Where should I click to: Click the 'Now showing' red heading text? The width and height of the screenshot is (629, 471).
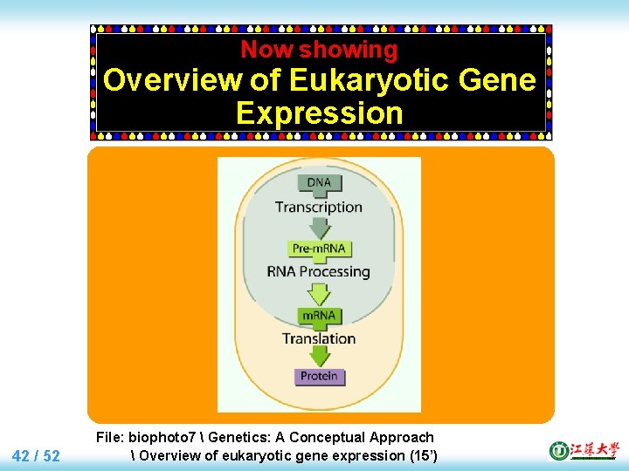click(x=319, y=51)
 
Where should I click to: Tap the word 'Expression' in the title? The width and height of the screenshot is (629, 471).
click(x=319, y=113)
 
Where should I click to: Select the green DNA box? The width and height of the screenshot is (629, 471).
click(x=320, y=183)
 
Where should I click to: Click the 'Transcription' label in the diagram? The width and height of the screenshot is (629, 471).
click(x=319, y=207)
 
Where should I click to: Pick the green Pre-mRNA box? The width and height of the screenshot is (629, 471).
click(x=320, y=249)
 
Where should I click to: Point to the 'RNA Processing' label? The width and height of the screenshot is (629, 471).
click(x=319, y=271)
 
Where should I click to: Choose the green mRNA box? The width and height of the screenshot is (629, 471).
click(x=320, y=315)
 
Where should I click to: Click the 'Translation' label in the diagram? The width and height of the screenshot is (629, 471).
click(x=319, y=338)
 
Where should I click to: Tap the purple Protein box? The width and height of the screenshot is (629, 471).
click(x=320, y=377)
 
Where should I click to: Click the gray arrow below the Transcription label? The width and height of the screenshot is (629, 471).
click(x=320, y=228)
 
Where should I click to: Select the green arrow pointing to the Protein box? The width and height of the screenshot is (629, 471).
click(x=320, y=356)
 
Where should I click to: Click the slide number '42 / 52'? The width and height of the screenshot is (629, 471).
click(x=37, y=455)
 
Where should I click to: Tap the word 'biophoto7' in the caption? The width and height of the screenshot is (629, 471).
click(x=165, y=437)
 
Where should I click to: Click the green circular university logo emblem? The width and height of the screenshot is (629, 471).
click(x=559, y=450)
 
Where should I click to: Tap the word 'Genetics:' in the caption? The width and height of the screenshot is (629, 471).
click(x=246, y=437)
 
